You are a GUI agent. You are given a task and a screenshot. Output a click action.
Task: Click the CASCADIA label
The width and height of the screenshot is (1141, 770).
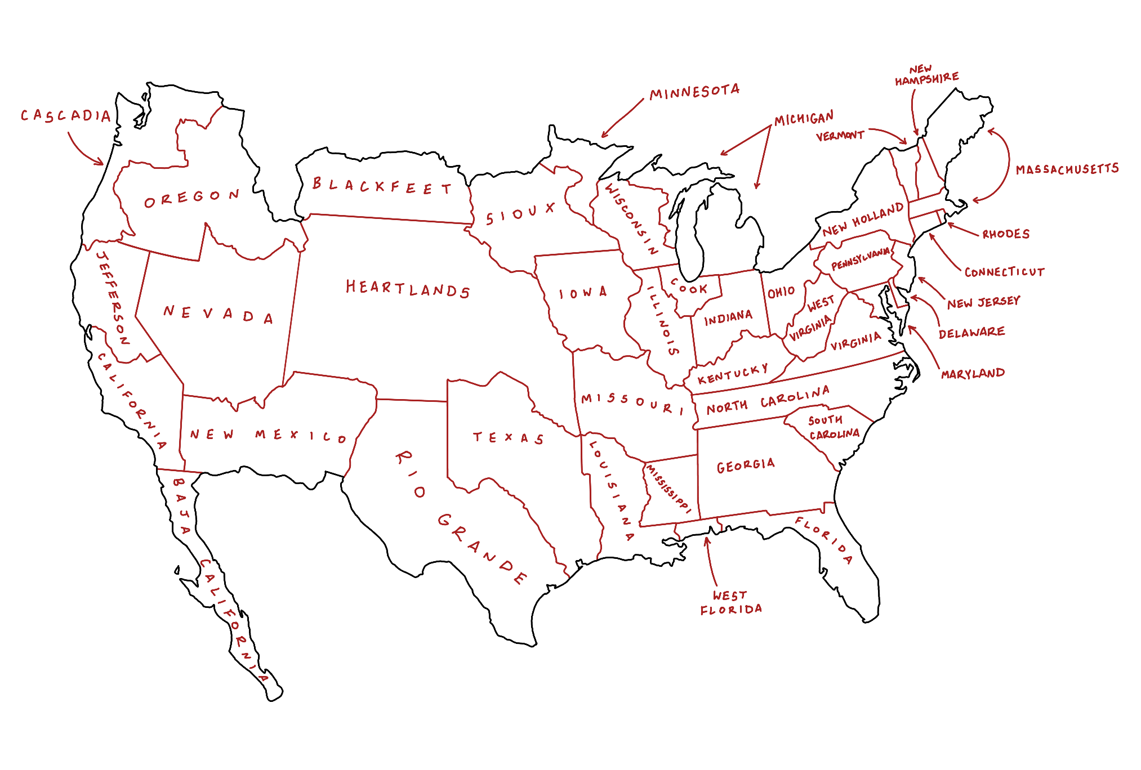(x=66, y=115)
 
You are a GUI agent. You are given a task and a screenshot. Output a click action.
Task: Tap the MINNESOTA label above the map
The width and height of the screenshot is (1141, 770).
(x=694, y=92)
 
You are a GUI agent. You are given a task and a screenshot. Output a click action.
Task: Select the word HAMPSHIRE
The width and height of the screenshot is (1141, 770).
(x=927, y=79)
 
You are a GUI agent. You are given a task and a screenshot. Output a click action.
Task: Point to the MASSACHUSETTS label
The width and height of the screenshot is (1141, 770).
(x=1067, y=169)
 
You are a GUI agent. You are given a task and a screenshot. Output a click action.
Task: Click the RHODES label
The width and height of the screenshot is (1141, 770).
(x=1006, y=234)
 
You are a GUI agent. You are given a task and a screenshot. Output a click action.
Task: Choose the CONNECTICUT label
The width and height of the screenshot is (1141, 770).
(x=1004, y=272)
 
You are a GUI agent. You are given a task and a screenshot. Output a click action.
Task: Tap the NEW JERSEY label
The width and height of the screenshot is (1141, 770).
(x=983, y=303)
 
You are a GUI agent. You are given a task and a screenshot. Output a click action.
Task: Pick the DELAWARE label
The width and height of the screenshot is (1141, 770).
(x=971, y=333)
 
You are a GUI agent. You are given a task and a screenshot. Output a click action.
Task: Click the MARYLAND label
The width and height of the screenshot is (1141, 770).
(x=973, y=374)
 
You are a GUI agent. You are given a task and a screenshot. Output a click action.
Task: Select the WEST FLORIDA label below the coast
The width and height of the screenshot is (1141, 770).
(x=731, y=603)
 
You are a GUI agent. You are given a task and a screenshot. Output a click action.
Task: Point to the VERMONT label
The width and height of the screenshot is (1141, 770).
(x=840, y=136)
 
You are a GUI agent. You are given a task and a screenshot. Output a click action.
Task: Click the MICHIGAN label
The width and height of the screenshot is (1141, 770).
(x=804, y=119)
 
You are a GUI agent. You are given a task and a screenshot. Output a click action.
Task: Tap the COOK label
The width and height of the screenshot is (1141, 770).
(x=689, y=288)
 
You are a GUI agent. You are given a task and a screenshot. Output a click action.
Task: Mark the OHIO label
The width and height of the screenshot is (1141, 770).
(x=781, y=292)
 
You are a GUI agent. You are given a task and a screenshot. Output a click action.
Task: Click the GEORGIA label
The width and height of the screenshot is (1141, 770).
(x=746, y=465)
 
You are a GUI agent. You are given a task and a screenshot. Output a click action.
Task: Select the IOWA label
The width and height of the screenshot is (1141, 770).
(x=583, y=293)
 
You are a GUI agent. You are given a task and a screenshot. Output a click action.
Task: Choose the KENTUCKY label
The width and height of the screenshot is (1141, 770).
(x=733, y=374)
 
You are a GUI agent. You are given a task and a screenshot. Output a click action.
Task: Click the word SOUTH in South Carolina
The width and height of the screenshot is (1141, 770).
(x=825, y=420)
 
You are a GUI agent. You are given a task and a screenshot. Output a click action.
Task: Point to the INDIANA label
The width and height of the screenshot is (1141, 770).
(x=728, y=318)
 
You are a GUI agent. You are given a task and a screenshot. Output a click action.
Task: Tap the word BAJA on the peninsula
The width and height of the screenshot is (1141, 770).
(x=181, y=506)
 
